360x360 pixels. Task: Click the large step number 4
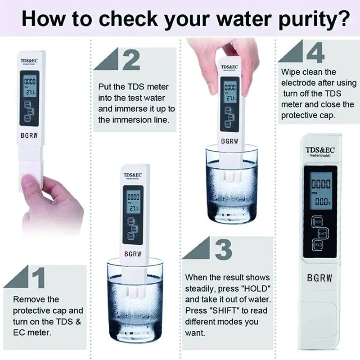pos(315,53)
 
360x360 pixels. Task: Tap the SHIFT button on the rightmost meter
pos(322,233)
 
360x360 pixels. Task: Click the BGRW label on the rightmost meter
pos(319,278)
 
